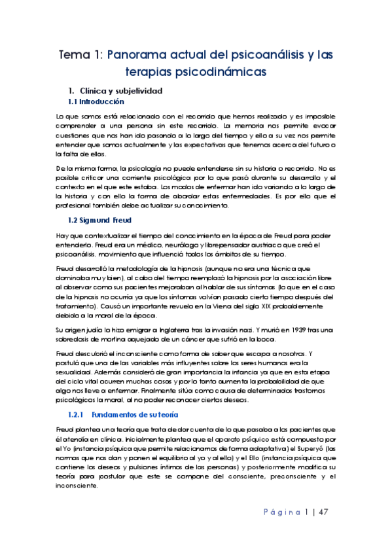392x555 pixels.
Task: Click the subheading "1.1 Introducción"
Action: [96, 103]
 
